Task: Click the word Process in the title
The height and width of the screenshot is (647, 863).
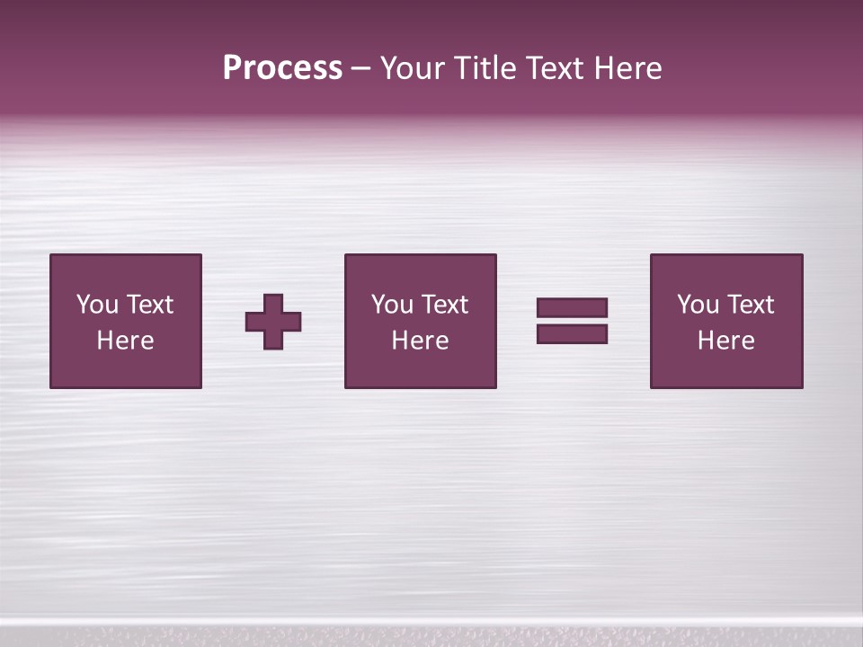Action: [x=282, y=68]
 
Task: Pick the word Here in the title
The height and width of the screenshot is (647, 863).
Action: [x=627, y=68]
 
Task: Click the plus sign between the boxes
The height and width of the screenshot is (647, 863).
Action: [x=273, y=321]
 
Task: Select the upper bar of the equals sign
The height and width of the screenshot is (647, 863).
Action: [x=572, y=307]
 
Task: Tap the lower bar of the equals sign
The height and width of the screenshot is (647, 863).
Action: [x=572, y=334]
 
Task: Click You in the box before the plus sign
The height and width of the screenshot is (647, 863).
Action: [x=97, y=305]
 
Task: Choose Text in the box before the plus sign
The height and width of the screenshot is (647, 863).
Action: [x=149, y=305]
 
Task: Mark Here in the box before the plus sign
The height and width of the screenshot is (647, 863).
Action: [x=125, y=341]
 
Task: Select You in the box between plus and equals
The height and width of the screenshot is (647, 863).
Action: [x=392, y=305]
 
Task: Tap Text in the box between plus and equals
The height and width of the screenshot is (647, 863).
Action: [x=444, y=305]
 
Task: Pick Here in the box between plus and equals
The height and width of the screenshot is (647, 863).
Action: [x=420, y=341]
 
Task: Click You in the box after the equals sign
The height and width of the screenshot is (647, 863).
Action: [x=698, y=305]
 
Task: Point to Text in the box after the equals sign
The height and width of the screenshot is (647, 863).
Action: [x=750, y=305]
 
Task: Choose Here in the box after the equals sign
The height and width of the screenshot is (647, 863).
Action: [x=725, y=341]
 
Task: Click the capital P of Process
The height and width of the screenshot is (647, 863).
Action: [x=232, y=68]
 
